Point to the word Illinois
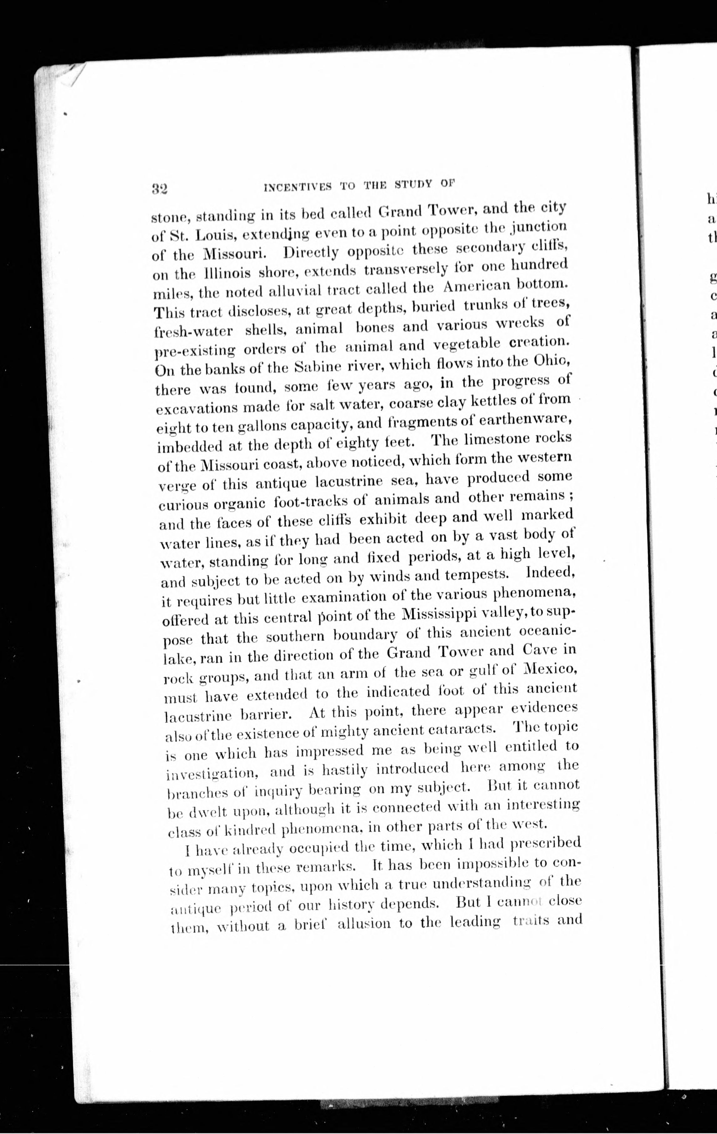(221, 273)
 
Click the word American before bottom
(478, 286)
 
